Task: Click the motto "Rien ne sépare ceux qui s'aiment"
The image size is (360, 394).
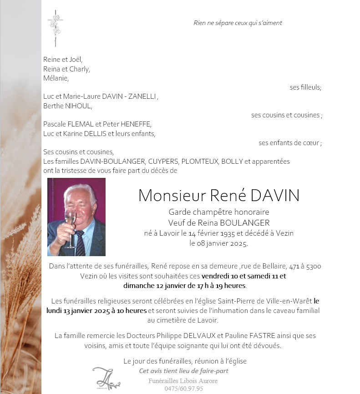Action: pyautogui.click(x=238, y=23)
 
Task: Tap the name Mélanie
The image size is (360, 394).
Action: pyautogui.click(x=56, y=78)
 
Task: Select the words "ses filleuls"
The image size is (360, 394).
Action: pyautogui.click(x=305, y=87)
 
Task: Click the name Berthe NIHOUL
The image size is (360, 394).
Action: pyautogui.click(x=67, y=106)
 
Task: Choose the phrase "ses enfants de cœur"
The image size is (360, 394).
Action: pyautogui.click(x=289, y=143)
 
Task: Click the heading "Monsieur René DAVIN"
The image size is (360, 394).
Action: pyautogui.click(x=219, y=195)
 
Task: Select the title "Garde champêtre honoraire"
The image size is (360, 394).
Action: pyautogui.click(x=219, y=212)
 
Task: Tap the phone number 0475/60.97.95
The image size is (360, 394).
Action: pyautogui.click(x=183, y=389)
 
